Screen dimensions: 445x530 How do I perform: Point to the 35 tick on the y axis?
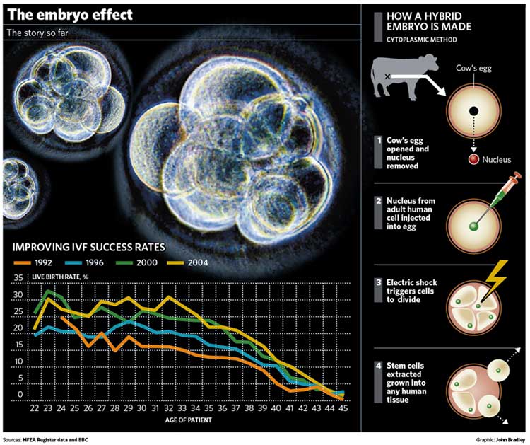pyautogui.click(x=20, y=278)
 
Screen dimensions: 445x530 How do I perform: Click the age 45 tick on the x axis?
pyautogui.click(x=342, y=409)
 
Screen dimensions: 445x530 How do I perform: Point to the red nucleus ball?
pyautogui.click(x=473, y=159)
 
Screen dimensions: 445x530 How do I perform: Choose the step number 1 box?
pyautogui.click(x=380, y=139)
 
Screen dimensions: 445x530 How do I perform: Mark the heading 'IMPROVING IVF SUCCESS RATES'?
pyautogui.click(x=86, y=248)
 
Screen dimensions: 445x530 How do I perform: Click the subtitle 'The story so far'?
pyautogui.click(x=35, y=33)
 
